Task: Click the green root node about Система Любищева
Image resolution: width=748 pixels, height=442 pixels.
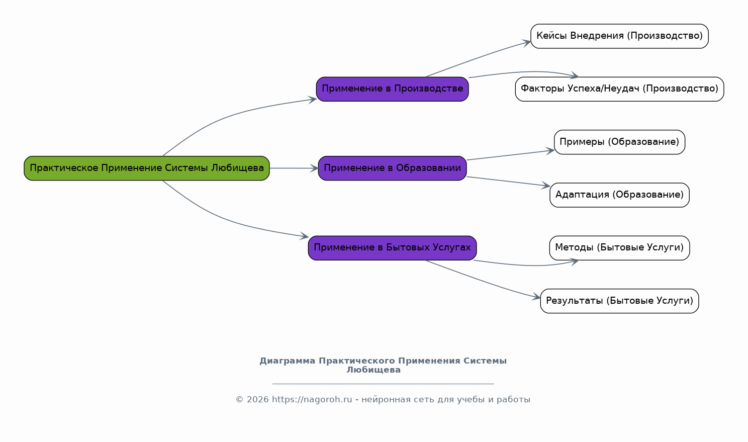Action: point(147,168)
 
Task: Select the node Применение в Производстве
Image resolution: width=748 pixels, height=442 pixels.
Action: point(392,89)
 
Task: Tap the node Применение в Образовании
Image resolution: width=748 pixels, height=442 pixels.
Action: point(392,168)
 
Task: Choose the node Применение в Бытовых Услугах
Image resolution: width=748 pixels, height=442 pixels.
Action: point(392,247)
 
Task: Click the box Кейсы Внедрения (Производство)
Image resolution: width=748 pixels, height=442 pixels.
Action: point(619,36)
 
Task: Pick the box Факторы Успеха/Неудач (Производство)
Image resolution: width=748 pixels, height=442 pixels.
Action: point(619,89)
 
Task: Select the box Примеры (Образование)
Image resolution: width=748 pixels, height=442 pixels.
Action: point(619,142)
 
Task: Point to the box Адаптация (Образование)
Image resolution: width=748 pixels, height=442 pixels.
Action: point(619,195)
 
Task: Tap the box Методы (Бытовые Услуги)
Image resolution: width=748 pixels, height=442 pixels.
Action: point(619,247)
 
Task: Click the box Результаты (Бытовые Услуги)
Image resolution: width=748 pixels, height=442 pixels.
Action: point(619,301)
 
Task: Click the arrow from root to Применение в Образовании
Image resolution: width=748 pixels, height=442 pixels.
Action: point(294,168)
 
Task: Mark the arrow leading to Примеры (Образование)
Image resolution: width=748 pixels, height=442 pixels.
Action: point(510,155)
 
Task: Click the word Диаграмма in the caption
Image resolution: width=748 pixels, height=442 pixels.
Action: point(287,361)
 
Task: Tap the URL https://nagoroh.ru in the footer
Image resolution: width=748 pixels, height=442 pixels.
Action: point(312,400)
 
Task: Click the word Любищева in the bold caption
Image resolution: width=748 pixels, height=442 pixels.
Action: point(373,370)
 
